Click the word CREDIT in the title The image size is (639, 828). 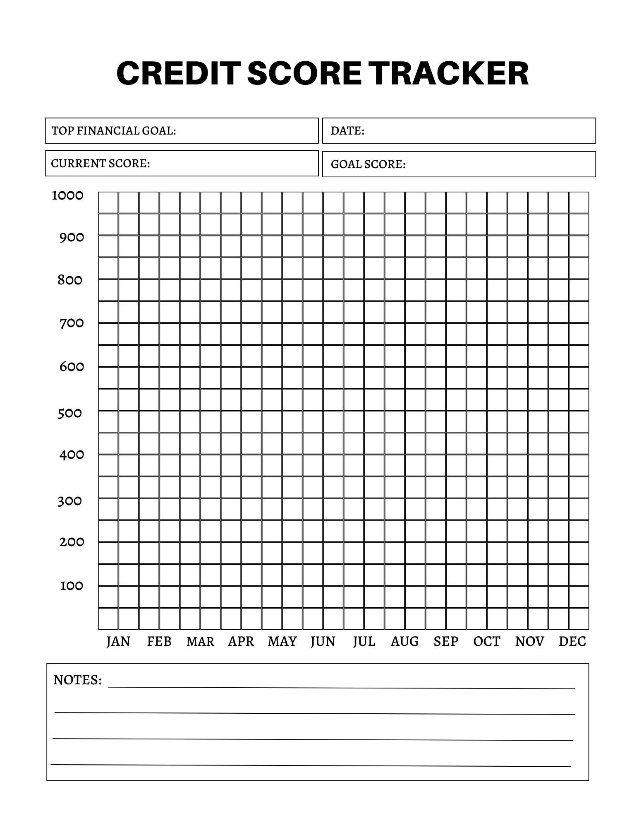click(178, 73)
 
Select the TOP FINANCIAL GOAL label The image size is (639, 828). click(114, 131)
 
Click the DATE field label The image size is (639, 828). click(347, 131)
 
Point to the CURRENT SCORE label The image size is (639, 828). click(101, 164)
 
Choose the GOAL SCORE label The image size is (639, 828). click(368, 164)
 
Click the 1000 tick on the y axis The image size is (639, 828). click(67, 195)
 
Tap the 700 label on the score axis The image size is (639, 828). click(72, 323)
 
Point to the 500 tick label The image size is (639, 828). click(70, 413)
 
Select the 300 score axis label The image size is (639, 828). click(70, 501)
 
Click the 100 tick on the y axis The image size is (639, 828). click(72, 586)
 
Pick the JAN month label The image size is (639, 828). click(118, 641)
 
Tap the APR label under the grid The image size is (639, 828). click(241, 641)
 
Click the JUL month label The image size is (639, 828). click(364, 641)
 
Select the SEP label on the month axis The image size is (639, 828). click(446, 641)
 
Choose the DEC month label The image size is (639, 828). click(572, 641)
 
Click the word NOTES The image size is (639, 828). click(77, 680)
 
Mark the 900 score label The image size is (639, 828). click(72, 238)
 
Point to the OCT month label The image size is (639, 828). click(487, 641)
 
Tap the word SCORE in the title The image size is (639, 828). click(304, 73)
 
